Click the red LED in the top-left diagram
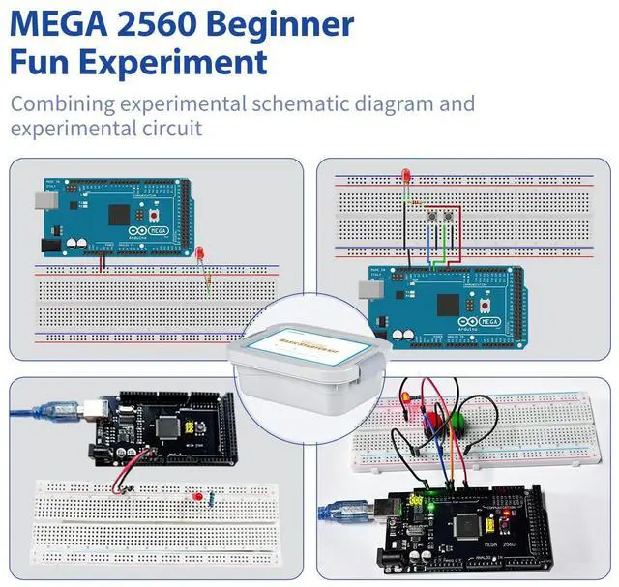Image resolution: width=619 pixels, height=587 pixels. coord(199,252)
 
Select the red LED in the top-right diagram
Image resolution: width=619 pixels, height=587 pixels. coord(403,177)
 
